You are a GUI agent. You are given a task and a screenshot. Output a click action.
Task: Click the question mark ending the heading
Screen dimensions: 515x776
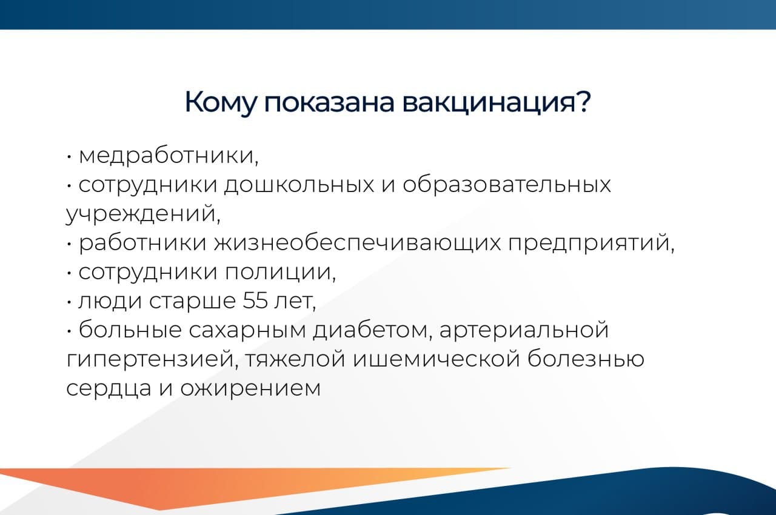(580, 102)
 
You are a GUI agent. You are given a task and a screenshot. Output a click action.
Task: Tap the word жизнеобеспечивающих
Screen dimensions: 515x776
(358, 244)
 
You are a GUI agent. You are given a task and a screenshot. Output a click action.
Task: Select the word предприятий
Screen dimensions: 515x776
(590, 244)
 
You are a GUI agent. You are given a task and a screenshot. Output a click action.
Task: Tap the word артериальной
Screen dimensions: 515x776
(523, 331)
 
